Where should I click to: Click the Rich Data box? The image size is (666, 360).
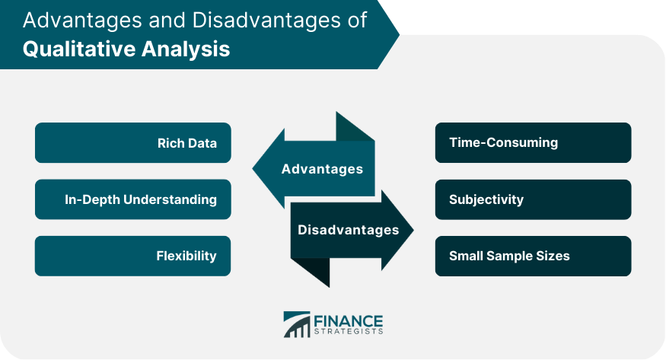coord(133,142)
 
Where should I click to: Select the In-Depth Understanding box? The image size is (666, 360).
coord(133,199)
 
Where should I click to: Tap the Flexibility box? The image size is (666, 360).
coord(133,256)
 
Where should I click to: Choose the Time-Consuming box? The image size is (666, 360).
coord(533,142)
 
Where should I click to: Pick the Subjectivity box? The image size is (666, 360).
coord(533,199)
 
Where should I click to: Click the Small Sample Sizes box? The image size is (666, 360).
coord(533,256)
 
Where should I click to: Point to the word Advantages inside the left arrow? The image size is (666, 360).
coord(322,169)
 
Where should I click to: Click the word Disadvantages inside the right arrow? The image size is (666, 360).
coord(349,230)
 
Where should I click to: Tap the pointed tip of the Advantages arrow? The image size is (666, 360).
coord(253,168)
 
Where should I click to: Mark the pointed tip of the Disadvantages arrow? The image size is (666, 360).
coord(413,230)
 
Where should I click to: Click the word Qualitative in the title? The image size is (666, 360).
coord(78,49)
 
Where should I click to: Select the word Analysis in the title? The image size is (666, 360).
coord(186,49)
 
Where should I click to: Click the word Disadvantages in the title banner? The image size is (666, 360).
coord(266,20)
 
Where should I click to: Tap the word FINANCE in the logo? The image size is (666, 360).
coord(349,321)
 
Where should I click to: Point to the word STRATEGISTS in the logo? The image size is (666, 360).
coord(349,332)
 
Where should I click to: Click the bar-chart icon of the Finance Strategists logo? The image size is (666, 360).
coord(297,325)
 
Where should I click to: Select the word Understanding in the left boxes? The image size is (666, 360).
coord(170,199)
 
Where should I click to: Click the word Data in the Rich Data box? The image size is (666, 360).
coord(203,143)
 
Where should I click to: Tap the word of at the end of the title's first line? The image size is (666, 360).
coord(357,20)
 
